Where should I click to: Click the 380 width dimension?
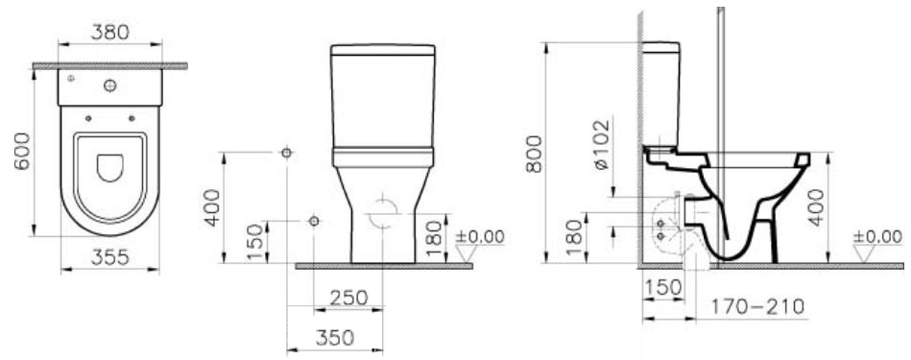[x=109, y=33]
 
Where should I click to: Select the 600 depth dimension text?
[x=22, y=151]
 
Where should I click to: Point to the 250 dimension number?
[x=348, y=298]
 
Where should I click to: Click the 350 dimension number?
[x=335, y=337]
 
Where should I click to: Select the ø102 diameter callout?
[x=602, y=144]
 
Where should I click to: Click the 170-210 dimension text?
[x=757, y=306]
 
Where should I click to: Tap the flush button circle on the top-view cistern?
[x=109, y=86]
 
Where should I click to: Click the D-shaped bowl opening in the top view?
[x=109, y=168]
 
